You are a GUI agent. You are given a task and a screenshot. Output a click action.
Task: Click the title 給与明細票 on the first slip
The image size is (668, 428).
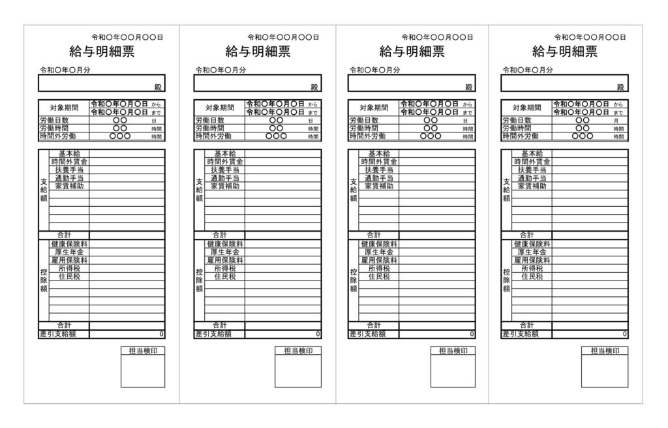102,52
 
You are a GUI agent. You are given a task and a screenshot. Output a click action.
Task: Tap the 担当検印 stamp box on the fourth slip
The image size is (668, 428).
605,367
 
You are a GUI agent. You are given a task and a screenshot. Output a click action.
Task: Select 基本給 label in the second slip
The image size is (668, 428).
225,153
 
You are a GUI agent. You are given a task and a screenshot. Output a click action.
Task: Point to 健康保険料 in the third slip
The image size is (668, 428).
379,244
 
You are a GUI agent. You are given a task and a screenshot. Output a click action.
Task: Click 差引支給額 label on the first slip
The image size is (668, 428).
58,334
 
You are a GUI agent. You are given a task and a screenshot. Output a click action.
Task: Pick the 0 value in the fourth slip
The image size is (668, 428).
624,334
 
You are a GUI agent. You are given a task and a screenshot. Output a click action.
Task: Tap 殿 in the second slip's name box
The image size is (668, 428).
314,87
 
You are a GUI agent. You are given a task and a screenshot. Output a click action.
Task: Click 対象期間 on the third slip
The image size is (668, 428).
374,108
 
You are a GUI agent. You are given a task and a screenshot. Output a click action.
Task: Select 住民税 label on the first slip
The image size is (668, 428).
69,276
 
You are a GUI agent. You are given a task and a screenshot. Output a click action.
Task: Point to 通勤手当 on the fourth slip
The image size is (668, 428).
532,178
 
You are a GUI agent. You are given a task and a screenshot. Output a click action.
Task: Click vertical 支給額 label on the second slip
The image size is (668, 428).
200,190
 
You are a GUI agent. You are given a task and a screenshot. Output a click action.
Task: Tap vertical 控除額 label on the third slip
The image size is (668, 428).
353,280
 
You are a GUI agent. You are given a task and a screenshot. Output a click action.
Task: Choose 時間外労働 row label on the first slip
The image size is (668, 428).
58,136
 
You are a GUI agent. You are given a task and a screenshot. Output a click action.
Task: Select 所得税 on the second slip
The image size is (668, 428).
225,268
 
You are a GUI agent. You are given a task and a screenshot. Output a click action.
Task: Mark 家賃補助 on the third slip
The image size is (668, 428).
379,187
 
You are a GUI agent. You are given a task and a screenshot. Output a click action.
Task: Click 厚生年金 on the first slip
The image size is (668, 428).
69,252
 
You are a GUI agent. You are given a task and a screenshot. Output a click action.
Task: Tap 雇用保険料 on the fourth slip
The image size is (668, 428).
532,260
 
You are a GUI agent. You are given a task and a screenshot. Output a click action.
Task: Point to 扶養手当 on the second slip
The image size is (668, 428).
225,170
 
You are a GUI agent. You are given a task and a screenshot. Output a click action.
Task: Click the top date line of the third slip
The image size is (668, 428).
437,37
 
